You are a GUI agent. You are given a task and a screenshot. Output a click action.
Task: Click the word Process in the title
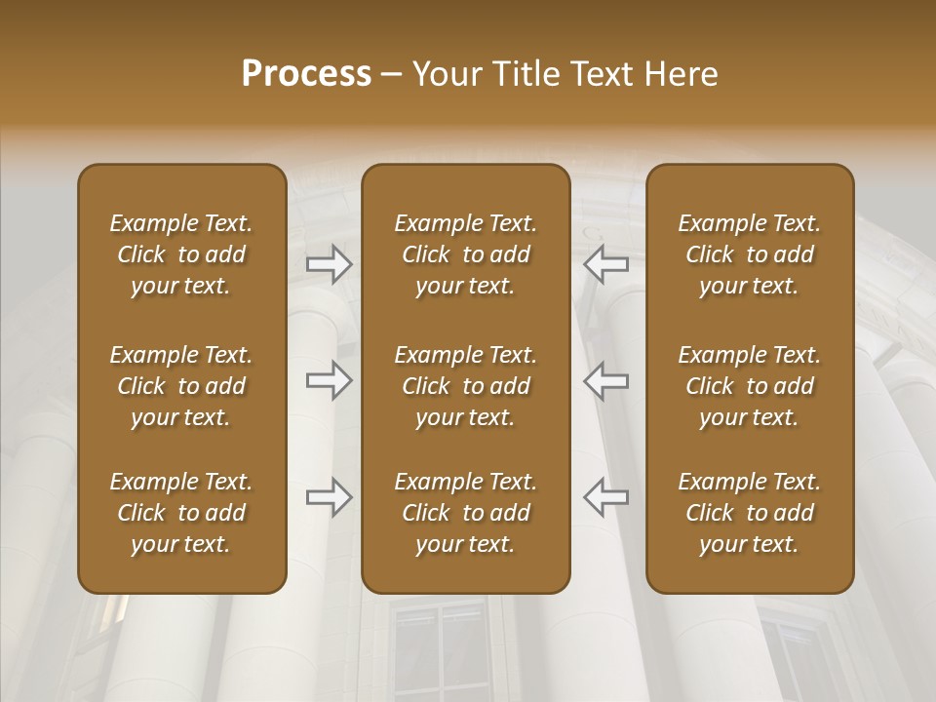pos(306,74)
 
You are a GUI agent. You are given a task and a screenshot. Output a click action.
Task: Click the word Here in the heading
pos(682,74)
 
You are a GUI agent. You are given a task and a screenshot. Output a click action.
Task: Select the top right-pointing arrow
pos(330,263)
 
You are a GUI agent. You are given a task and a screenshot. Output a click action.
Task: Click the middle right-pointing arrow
pos(330,379)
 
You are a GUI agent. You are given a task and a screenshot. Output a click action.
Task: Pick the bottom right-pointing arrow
pos(330,497)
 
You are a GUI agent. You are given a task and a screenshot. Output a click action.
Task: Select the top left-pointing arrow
pos(605,263)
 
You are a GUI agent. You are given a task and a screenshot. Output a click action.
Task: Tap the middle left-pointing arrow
pos(605,379)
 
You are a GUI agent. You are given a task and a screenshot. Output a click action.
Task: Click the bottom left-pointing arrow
pos(605,497)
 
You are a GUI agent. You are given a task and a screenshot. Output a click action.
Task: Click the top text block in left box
pos(181,254)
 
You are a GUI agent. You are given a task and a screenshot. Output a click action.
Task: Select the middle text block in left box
pos(181,386)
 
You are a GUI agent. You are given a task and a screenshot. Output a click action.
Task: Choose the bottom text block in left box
pos(181,513)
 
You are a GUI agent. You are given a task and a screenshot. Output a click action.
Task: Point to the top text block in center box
pos(465,254)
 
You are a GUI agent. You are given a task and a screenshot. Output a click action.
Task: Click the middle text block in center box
pos(465,386)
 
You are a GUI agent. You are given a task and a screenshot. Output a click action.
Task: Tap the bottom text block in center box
pos(465,513)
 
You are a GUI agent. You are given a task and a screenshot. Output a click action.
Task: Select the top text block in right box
pos(749,254)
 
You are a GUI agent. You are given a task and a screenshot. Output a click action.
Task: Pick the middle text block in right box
pos(749,386)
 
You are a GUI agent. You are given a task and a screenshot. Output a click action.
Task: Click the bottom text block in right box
pos(749,513)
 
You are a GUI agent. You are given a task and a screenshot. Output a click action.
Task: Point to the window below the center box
pos(438,648)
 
